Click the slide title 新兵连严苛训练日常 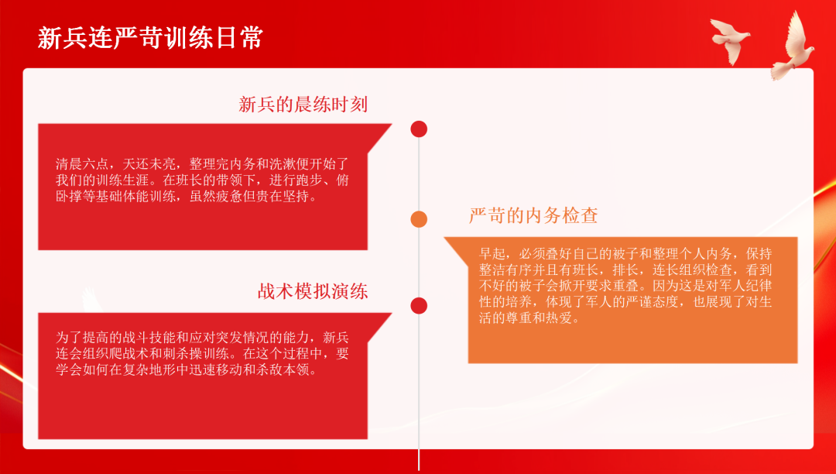pyautogui.click(x=150, y=39)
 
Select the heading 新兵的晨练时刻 pyautogui.click(x=303, y=105)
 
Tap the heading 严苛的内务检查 pyautogui.click(x=533, y=215)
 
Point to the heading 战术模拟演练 pyautogui.click(x=313, y=292)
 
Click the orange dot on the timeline pyautogui.click(x=419, y=219)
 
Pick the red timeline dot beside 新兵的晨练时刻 pyautogui.click(x=419, y=129)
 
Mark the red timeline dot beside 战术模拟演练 pyautogui.click(x=419, y=306)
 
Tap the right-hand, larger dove pyautogui.click(x=793, y=47)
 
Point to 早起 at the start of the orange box pyautogui.click(x=492, y=254)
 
